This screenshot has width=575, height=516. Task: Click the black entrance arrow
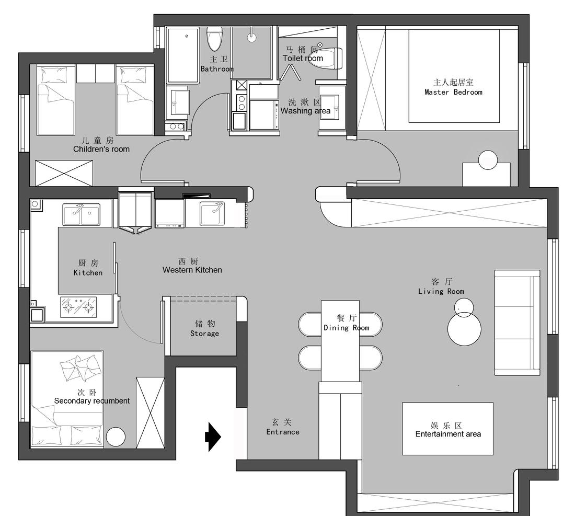pyautogui.click(x=213, y=437)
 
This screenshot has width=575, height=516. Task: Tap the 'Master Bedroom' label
pyautogui.click(x=453, y=92)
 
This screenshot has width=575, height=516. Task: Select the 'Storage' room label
pyautogui.click(x=204, y=334)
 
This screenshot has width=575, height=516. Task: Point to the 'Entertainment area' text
pyautogui.click(x=448, y=434)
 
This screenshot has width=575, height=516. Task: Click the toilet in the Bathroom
pyautogui.click(x=214, y=39)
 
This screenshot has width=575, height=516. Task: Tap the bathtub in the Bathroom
pyautogui.click(x=183, y=55)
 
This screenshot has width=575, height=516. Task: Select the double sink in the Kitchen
pyautogui.click(x=82, y=214)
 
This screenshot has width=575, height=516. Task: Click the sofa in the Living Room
pyautogui.click(x=517, y=323)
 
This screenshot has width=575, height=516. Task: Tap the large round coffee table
pyautogui.click(x=464, y=329)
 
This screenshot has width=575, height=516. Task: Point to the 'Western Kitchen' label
pyautogui.click(x=192, y=270)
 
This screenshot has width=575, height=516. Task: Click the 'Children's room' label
pyautogui.click(x=101, y=149)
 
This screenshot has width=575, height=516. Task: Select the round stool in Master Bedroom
pyautogui.click(x=488, y=160)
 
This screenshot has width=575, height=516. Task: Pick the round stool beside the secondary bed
pyautogui.click(x=116, y=437)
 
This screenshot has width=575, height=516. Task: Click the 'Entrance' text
pyautogui.click(x=283, y=432)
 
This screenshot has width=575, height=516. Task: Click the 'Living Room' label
pyautogui.click(x=441, y=291)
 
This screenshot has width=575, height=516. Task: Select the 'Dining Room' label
pyautogui.click(x=346, y=328)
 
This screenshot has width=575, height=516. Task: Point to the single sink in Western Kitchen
pyautogui.click(x=212, y=213)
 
